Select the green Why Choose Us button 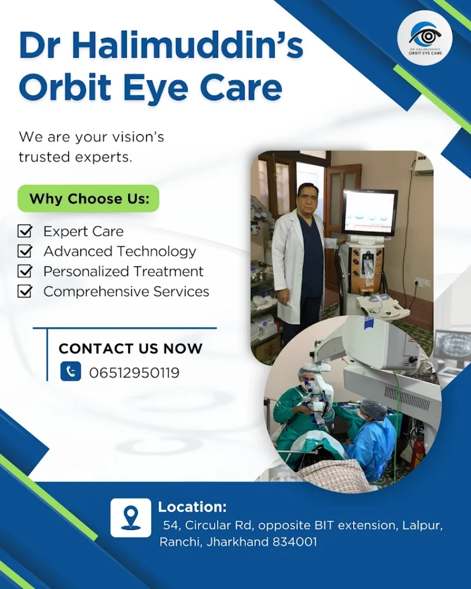pyautogui.click(x=88, y=199)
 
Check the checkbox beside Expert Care pyautogui.click(x=25, y=231)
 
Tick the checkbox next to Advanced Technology pyautogui.click(x=25, y=250)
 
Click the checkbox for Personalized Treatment pyautogui.click(x=25, y=271)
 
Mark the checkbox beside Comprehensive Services pyautogui.click(x=25, y=291)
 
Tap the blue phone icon pyautogui.click(x=71, y=371)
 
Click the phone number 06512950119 pyautogui.click(x=134, y=372)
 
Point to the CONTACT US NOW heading pyautogui.click(x=130, y=348)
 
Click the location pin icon pyautogui.click(x=131, y=518)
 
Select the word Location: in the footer pyautogui.click(x=192, y=507)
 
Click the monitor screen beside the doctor pyautogui.click(x=370, y=212)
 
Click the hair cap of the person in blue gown pyautogui.click(x=374, y=408)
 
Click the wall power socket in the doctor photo pyautogui.click(x=421, y=282)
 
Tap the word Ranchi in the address pyautogui.click(x=180, y=542)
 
